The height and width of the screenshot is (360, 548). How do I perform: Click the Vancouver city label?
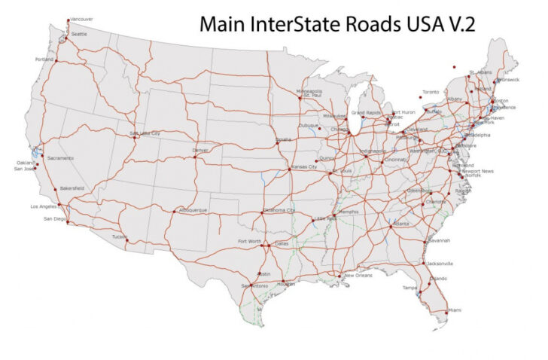pyautogui.click(x=81, y=18)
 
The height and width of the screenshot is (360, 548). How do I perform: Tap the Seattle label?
pyautogui.click(x=79, y=34)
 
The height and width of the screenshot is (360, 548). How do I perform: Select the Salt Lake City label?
pyautogui.click(x=145, y=133)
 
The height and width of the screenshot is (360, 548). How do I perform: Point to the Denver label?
pyautogui.click(x=200, y=149)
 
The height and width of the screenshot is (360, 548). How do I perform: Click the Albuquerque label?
pyautogui.click(x=193, y=210)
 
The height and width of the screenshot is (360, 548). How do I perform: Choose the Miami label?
pyautogui.click(x=454, y=310)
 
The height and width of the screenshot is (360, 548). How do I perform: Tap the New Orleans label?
pyautogui.click(x=358, y=275)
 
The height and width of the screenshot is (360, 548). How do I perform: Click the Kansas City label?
pyautogui.click(x=304, y=166)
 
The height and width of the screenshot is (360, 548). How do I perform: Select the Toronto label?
pyautogui.click(x=430, y=92)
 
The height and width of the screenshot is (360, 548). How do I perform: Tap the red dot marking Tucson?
pyautogui.click(x=127, y=241)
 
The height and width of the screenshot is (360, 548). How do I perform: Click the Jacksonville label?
pyautogui.click(x=440, y=264)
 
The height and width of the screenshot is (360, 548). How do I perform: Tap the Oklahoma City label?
pyautogui.click(x=279, y=210)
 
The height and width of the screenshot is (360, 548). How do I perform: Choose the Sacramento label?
pyautogui.click(x=60, y=158)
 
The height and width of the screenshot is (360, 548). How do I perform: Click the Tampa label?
pyautogui.click(x=409, y=288)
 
